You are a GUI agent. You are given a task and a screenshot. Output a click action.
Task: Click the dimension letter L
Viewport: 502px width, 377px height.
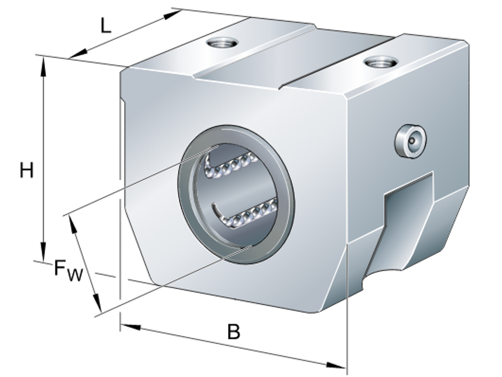click(106, 26)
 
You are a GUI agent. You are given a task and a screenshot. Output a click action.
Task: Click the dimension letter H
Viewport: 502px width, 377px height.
click(26, 170)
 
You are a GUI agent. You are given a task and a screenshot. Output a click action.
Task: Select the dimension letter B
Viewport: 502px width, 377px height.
click(233, 332)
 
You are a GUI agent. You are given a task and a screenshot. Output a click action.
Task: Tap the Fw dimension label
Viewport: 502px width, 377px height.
click(68, 271)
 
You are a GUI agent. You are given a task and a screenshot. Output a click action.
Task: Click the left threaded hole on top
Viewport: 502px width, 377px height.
click(222, 42)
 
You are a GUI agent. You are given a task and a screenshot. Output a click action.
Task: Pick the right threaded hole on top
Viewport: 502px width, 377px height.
click(381, 61)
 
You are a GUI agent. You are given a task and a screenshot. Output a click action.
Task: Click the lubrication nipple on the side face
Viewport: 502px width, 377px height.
click(410, 141)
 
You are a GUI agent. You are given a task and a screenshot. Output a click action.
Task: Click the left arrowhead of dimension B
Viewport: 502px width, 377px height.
click(131, 327)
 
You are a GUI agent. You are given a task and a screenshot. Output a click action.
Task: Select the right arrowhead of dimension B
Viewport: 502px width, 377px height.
click(336, 365)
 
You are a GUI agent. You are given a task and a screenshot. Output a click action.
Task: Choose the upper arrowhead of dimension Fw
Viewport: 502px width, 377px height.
click(74, 224)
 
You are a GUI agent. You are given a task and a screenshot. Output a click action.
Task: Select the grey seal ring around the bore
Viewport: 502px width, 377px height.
click(236, 194)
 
